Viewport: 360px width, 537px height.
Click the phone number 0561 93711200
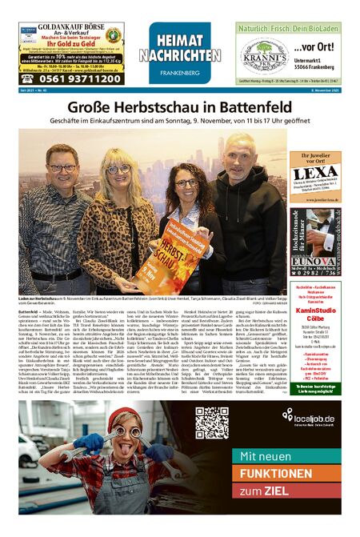tap(74, 78)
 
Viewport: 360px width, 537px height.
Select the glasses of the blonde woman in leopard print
tap(118, 170)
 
